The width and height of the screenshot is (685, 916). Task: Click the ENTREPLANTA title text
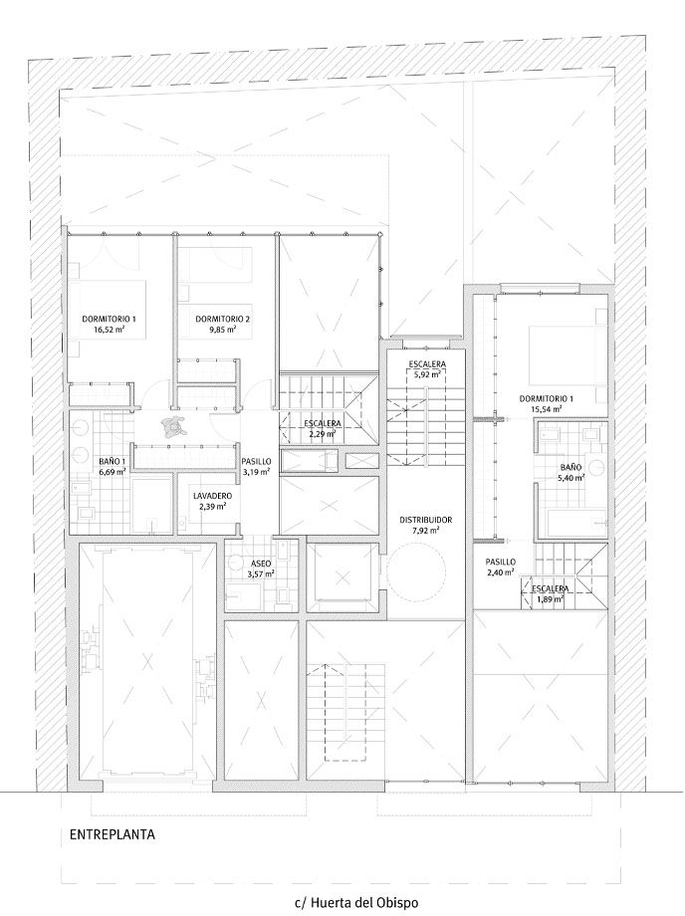[113, 834]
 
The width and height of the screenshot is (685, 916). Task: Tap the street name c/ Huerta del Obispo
[356, 903]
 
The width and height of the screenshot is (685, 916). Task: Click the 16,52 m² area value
[109, 330]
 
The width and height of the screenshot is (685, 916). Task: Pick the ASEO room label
[261, 564]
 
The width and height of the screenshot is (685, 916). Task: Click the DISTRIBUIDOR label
[426, 520]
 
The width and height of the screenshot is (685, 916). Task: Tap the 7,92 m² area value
[426, 530]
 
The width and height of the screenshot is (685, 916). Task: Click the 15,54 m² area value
[547, 409]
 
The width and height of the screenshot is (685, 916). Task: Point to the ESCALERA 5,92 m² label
[427, 369]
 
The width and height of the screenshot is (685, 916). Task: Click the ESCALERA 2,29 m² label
[323, 428]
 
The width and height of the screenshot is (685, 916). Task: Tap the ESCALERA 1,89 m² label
[550, 593]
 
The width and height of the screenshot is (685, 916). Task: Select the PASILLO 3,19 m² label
[256, 466]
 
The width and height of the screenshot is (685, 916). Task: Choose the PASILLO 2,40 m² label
[501, 567]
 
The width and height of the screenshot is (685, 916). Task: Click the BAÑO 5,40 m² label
[571, 472]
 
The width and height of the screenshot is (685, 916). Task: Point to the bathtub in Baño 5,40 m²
[576, 524]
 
